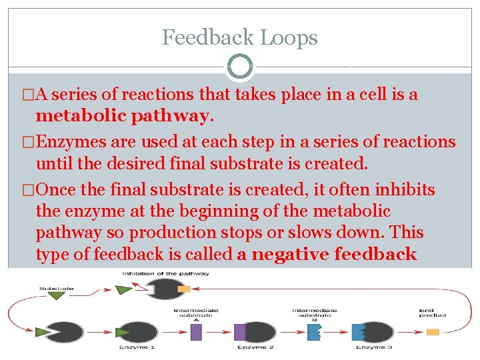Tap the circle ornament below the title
[x=240, y=67]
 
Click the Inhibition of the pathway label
[x=165, y=273]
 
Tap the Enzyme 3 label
[x=373, y=348]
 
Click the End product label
[x=432, y=312]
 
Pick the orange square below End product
[x=433, y=331]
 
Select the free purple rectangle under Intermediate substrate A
[x=196, y=331]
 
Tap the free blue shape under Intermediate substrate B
[x=314, y=331]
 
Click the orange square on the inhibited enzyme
[x=184, y=290]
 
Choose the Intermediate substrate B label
[x=314, y=314]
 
